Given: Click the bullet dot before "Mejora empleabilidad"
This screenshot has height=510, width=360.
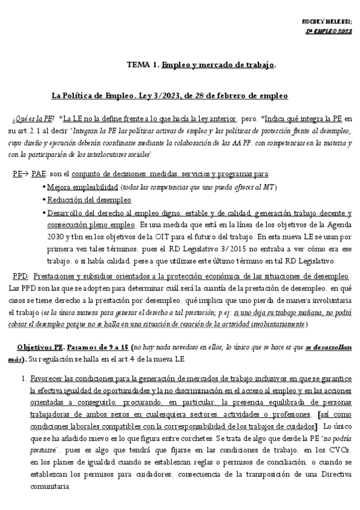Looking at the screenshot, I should tap(44, 187).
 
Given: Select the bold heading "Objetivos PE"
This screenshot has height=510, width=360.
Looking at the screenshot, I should tap(40, 348).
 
